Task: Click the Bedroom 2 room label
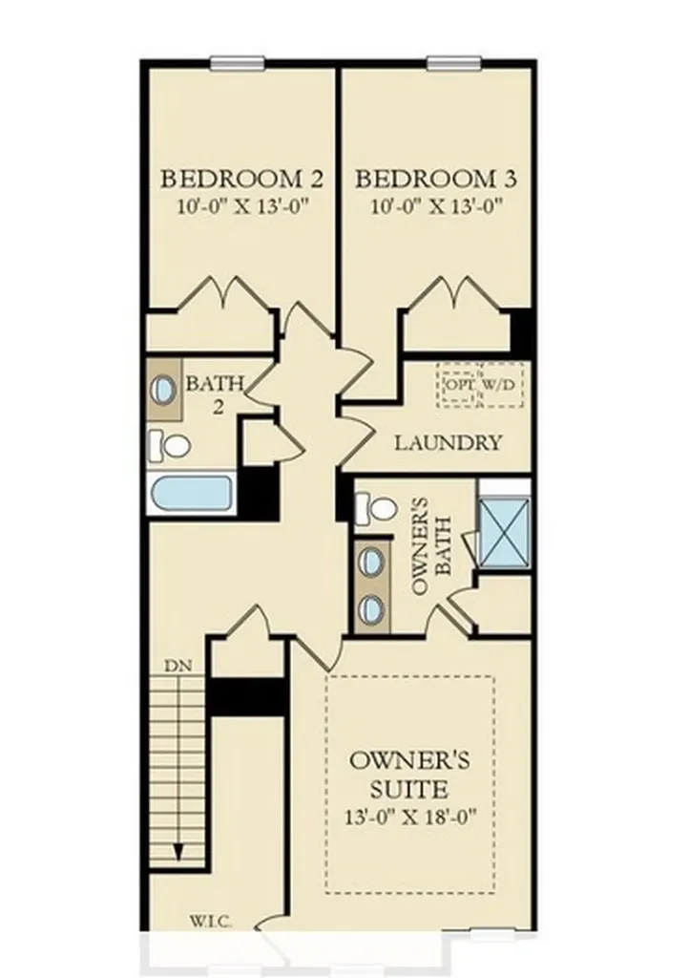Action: pos(242,179)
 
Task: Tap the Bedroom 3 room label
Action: pos(436,179)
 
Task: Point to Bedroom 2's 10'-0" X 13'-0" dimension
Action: pos(243,206)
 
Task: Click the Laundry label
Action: pos(448,443)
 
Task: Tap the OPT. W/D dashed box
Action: pos(480,385)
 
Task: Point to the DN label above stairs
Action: pos(178,666)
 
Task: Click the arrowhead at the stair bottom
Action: pos(178,853)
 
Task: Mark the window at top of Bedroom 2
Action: pos(238,62)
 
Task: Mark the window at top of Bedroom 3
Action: pos(454,62)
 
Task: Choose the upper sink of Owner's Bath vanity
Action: pos(372,562)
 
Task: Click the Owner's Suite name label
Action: pos(409,775)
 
